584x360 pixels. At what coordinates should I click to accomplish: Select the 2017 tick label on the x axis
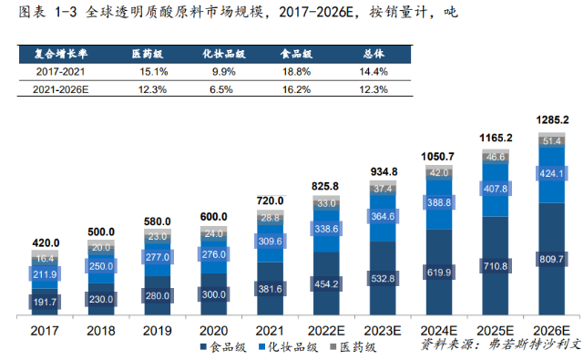pos(46,329)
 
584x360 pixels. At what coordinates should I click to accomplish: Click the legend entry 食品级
pos(221,346)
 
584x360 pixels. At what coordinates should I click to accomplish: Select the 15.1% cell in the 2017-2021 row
pos(151,71)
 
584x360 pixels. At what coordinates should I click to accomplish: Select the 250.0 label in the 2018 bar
pos(102,265)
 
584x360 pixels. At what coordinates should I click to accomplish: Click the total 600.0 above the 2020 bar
pos(214,215)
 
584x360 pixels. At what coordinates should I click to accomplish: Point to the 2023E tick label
pos(382,329)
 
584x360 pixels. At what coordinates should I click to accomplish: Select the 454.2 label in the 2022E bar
pos(326,282)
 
